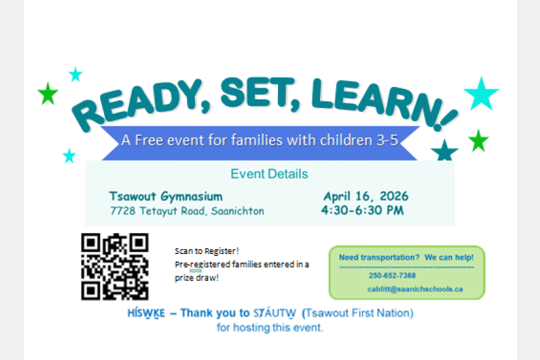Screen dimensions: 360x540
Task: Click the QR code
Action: [x=115, y=267]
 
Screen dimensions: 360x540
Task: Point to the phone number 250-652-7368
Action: [x=392, y=276]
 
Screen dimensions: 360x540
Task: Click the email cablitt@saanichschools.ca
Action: [x=415, y=289]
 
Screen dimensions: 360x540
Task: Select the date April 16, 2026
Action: [x=365, y=196]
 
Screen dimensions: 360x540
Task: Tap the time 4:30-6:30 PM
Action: [x=362, y=211]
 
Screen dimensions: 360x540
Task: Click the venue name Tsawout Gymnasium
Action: [x=166, y=196]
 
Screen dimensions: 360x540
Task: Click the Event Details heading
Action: [x=269, y=174]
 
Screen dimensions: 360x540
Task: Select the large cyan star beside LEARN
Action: [x=481, y=93]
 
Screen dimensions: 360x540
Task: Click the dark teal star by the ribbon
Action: [x=445, y=151]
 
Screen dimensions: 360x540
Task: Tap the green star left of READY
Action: [x=47, y=94]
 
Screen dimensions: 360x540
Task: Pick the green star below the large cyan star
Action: [x=478, y=140]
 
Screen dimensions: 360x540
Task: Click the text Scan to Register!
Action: [x=206, y=251]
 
